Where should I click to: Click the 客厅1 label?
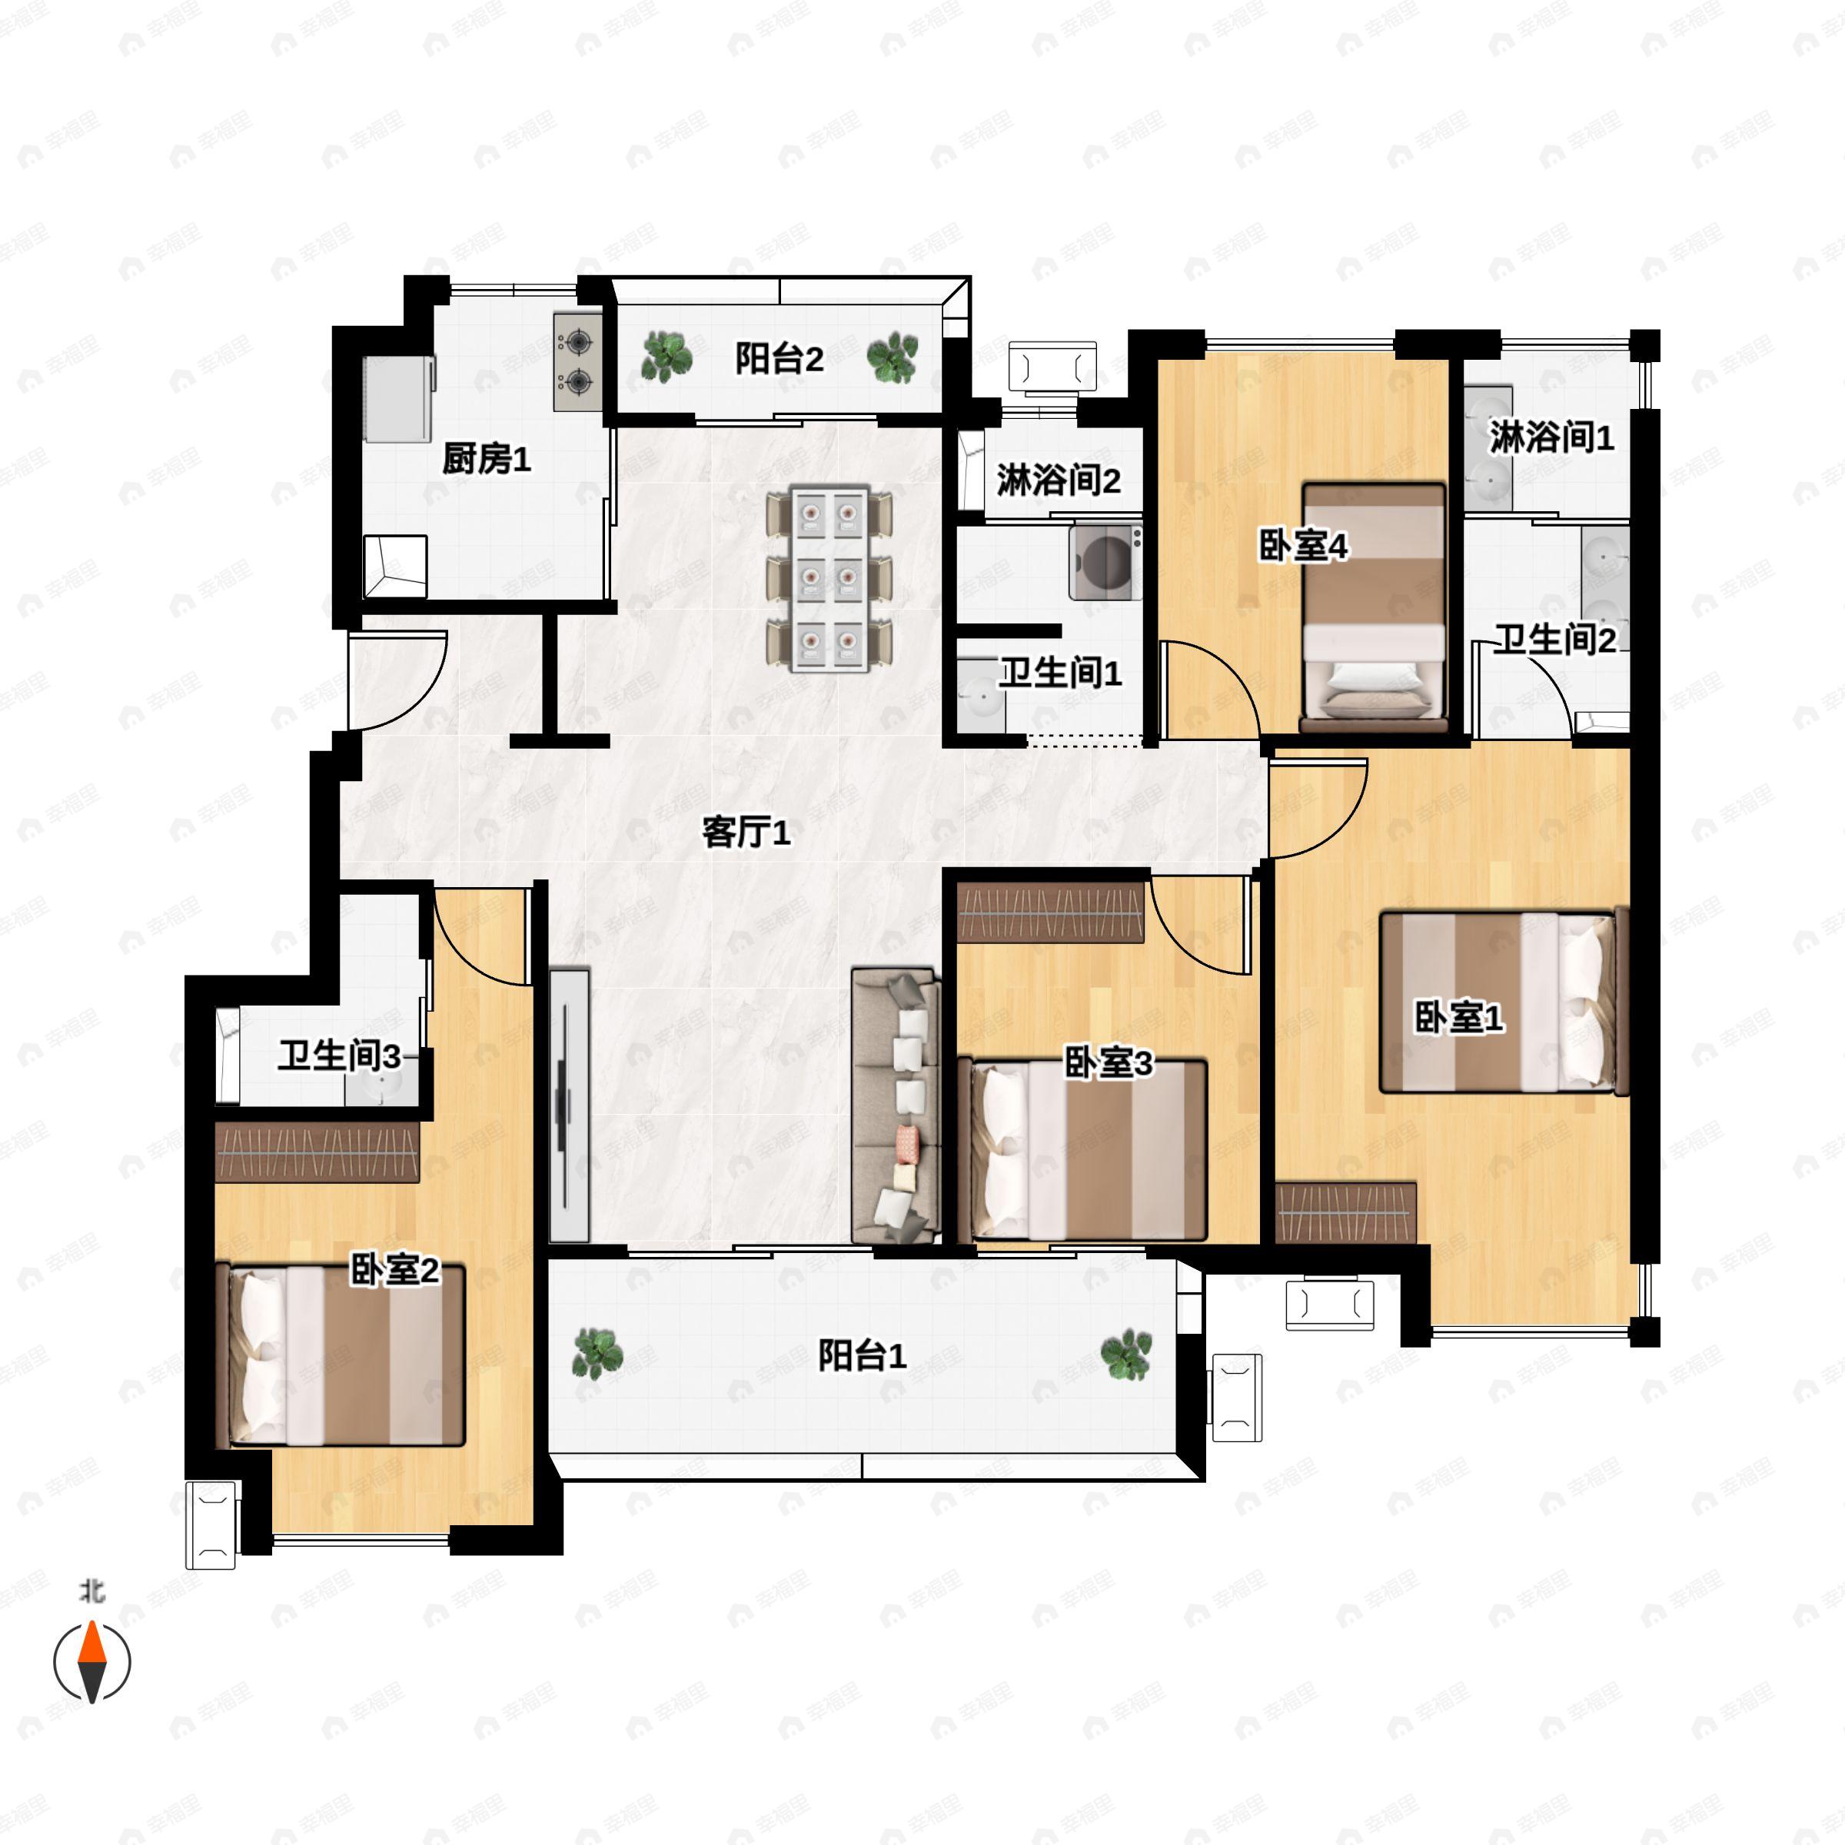(x=746, y=832)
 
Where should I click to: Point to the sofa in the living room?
(x=894, y=1106)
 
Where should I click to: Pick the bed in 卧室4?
(x=1375, y=607)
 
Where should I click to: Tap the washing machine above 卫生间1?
(x=1106, y=560)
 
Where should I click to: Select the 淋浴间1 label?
(x=1551, y=437)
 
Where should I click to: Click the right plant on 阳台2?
(x=893, y=357)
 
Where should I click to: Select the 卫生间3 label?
(x=339, y=1056)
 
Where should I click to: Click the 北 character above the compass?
(x=91, y=1591)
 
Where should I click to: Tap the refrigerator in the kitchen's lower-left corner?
(x=394, y=567)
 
